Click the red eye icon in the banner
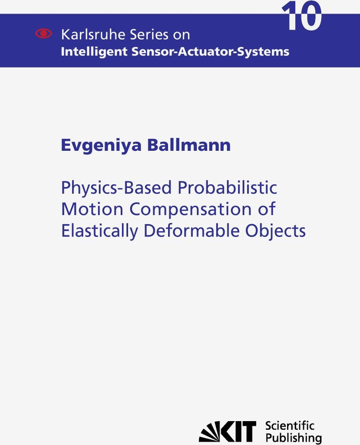[44, 33]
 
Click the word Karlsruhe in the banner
[93, 35]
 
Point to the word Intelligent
[94, 52]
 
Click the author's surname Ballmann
[188, 145]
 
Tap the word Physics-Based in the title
[116, 188]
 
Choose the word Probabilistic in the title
[227, 187]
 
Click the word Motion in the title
[92, 209]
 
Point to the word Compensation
[191, 210]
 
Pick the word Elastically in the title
[99, 231]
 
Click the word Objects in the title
[275, 231]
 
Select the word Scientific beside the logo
[290, 426]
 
